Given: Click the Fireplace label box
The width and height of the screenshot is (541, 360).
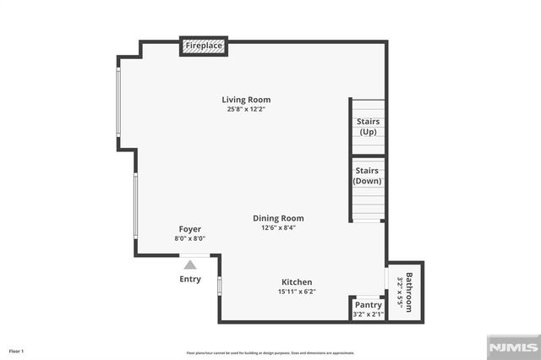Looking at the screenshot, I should [x=204, y=46].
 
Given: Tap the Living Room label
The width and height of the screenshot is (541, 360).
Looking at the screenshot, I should [x=247, y=100].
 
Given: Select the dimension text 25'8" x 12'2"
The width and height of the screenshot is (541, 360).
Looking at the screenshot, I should [x=247, y=109].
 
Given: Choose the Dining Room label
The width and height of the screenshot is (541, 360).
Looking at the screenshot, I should [x=278, y=218].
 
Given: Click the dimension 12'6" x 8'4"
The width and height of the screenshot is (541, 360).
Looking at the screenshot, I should [x=278, y=227].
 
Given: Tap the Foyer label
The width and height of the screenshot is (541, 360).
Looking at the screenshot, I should [x=189, y=229].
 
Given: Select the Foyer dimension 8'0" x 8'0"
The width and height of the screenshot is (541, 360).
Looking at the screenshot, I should [x=189, y=238].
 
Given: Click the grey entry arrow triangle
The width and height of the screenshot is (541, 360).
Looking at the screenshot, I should [x=190, y=265].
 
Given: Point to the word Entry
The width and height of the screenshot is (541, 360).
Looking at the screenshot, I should [x=190, y=279].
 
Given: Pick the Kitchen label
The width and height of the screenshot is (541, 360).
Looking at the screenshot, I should [x=297, y=282].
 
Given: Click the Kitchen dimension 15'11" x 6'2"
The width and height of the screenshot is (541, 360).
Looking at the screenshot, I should [x=297, y=292].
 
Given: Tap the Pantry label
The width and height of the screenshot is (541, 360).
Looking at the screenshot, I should [x=368, y=305].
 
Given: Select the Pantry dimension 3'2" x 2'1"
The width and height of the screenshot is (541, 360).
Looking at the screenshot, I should [x=368, y=314].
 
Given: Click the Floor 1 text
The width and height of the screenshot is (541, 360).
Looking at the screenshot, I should [x=17, y=351].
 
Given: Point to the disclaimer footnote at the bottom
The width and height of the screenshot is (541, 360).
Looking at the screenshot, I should [x=270, y=352].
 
